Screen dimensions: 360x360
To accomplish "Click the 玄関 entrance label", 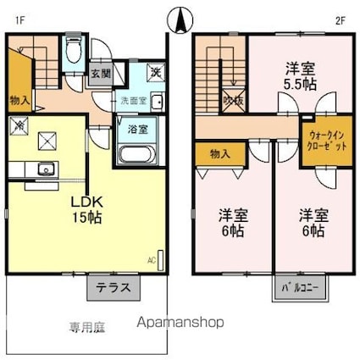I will click(100, 74).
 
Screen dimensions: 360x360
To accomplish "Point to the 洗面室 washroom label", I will click(132, 100).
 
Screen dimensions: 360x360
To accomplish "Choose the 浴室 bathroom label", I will click(138, 129).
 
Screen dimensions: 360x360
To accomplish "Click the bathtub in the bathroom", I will click(135, 155).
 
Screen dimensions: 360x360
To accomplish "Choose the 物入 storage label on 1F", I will click(21, 100).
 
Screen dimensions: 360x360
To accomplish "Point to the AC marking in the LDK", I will click(153, 259).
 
